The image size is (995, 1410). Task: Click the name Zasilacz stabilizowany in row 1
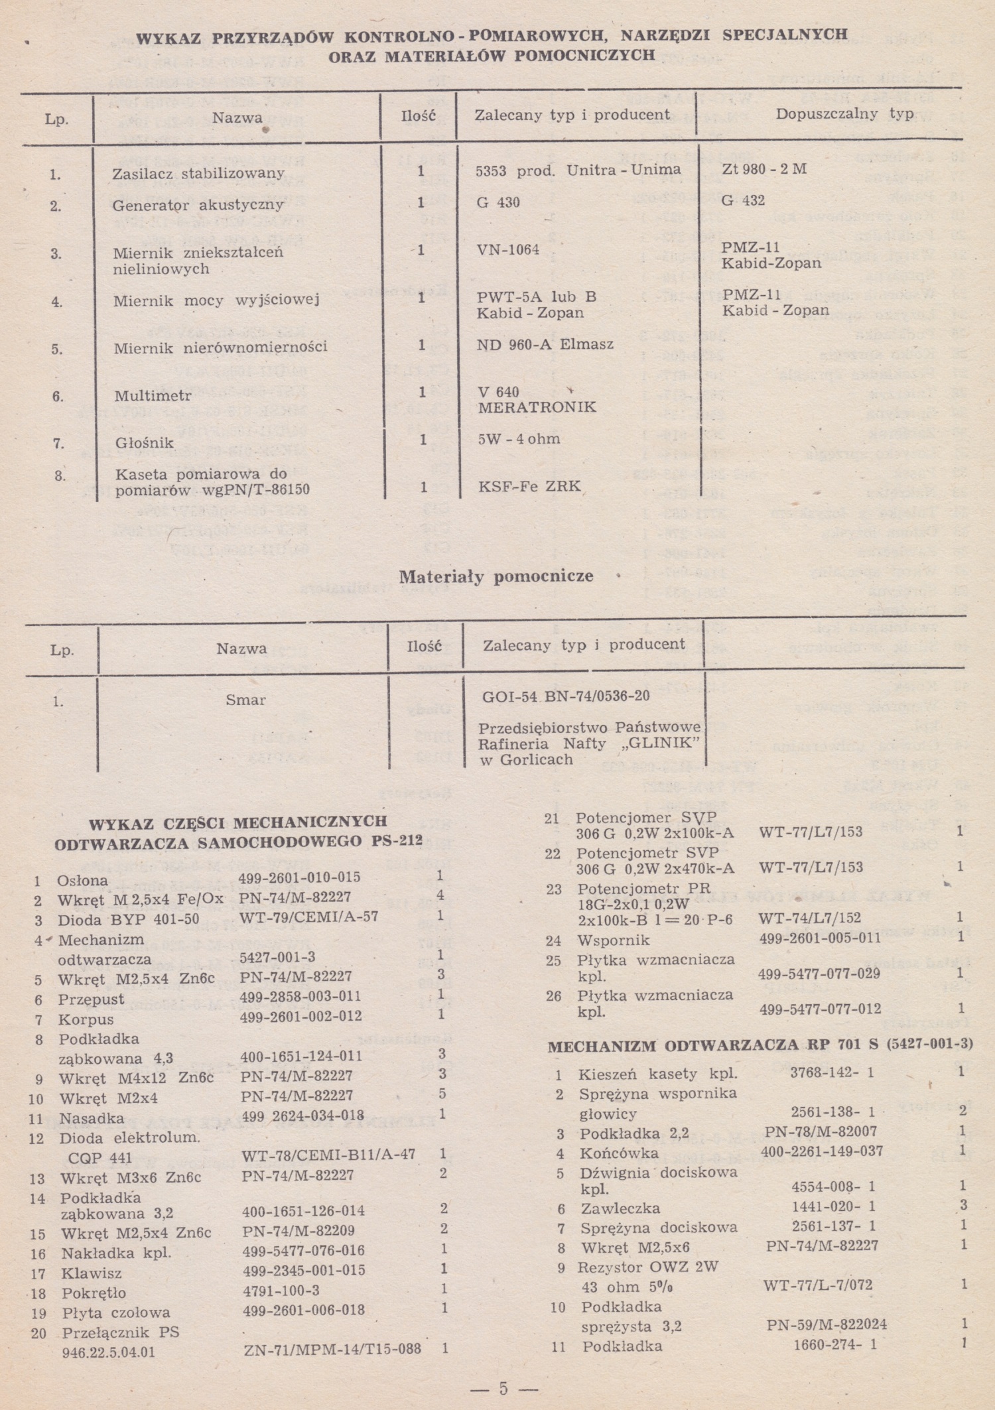pyautogui.click(x=198, y=174)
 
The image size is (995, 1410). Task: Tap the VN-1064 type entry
pyautogui.click(x=507, y=250)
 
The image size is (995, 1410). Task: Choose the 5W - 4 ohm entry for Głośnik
pyautogui.click(x=519, y=439)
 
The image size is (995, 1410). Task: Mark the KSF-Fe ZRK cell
pyautogui.click(x=529, y=487)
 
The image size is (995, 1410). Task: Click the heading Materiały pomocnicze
pyautogui.click(x=496, y=576)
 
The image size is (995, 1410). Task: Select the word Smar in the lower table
pyautogui.click(x=245, y=700)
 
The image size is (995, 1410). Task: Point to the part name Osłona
pyautogui.click(x=82, y=881)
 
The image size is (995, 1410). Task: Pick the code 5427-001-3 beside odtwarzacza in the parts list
pyautogui.click(x=277, y=957)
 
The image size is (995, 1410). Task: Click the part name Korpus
pyautogui.click(x=86, y=1019)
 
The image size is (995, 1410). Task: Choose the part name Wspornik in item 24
pyautogui.click(x=614, y=940)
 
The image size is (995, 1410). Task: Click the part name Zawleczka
pyautogui.click(x=620, y=1208)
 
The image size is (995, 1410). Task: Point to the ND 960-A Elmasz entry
pyautogui.click(x=545, y=345)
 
